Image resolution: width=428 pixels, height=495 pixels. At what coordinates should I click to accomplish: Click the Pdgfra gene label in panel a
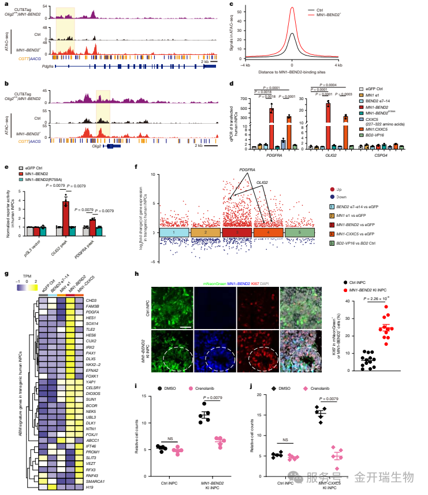pos(57,67)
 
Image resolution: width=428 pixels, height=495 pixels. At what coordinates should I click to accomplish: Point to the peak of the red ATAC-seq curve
pos(292,8)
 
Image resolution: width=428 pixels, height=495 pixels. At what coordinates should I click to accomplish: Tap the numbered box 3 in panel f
pos(237,231)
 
